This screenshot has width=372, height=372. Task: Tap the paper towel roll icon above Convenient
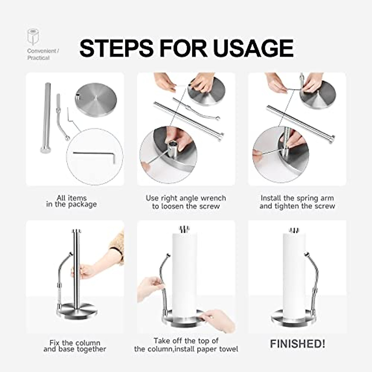pos(33,37)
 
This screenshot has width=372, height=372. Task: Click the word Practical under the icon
pos(38,58)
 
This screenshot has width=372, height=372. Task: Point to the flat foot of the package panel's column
pos(45,150)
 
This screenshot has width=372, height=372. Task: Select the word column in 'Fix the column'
pos(88,343)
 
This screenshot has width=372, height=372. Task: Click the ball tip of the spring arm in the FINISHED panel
pos(306,255)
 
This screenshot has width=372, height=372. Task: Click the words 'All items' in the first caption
pos(72,198)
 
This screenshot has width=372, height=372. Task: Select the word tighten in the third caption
pos(285,206)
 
